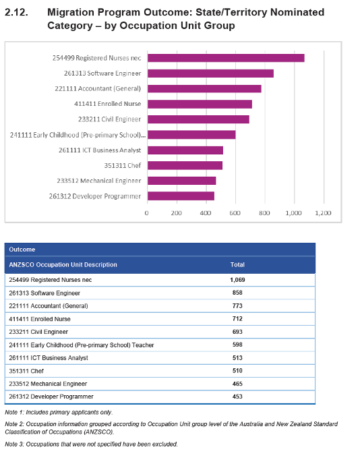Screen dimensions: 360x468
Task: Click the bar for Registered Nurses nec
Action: pyautogui.click(x=226, y=58)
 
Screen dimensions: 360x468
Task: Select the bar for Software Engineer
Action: pyautogui.click(x=210, y=74)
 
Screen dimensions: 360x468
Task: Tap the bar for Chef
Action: pyautogui.click(x=185, y=165)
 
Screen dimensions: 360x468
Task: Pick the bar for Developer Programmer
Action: pyautogui.click(x=181, y=196)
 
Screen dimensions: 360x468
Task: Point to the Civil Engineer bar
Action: pyautogui.click(x=198, y=119)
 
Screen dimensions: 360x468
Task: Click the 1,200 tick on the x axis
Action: pyautogui.click(x=323, y=213)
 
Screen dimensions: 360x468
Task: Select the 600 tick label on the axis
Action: pyautogui.click(x=235, y=213)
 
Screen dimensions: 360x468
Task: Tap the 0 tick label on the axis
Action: pyautogui.click(x=146, y=213)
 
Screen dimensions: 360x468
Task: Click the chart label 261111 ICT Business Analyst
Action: pyautogui.click(x=100, y=150)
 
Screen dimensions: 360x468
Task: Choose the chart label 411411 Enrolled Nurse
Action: pyautogui.click(x=107, y=104)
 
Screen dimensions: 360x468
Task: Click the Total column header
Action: pyautogui.click(x=237, y=265)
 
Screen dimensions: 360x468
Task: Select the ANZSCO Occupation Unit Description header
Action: pyautogui.click(x=63, y=265)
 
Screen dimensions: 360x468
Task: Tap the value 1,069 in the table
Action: pyautogui.click(x=237, y=280)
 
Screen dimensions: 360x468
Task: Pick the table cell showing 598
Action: pyautogui.click(x=237, y=345)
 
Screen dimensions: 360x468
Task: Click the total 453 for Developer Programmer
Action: pyautogui.click(x=237, y=397)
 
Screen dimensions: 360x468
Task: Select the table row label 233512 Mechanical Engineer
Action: pyautogui.click(x=48, y=384)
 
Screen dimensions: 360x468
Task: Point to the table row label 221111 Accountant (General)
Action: pyautogui.click(x=49, y=306)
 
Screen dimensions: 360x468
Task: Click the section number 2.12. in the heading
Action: pyautogui.click(x=17, y=12)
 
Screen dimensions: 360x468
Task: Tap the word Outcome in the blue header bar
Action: pyautogui.click(x=22, y=250)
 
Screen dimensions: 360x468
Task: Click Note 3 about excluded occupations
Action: pyautogui.click(x=91, y=444)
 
